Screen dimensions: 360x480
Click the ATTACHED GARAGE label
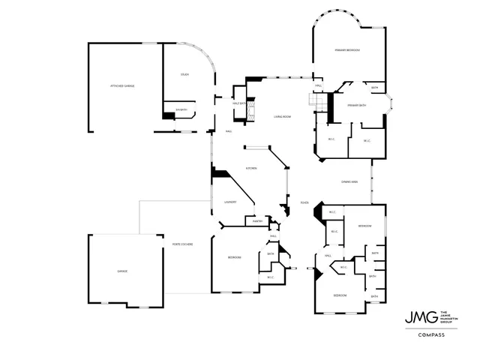pos(122,86)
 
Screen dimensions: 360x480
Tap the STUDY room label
pos(184,74)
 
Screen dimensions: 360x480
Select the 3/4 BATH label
pos(180,111)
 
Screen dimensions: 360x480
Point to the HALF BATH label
pos(238,94)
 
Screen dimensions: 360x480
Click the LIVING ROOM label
pos(282,116)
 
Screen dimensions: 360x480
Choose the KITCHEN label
pos(251,168)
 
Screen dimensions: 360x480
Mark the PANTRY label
pos(256,221)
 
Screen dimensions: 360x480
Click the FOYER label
pos(304,202)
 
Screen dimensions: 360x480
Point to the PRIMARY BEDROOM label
pos(348,50)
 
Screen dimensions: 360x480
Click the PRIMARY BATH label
pos(356,105)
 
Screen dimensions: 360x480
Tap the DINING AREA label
pos(349,182)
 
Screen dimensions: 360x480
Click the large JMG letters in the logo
pos(416,316)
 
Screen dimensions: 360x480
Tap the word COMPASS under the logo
pos(430,334)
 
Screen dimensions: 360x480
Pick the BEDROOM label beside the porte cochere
pos(235,257)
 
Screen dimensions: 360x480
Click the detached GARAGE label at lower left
pos(121,271)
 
